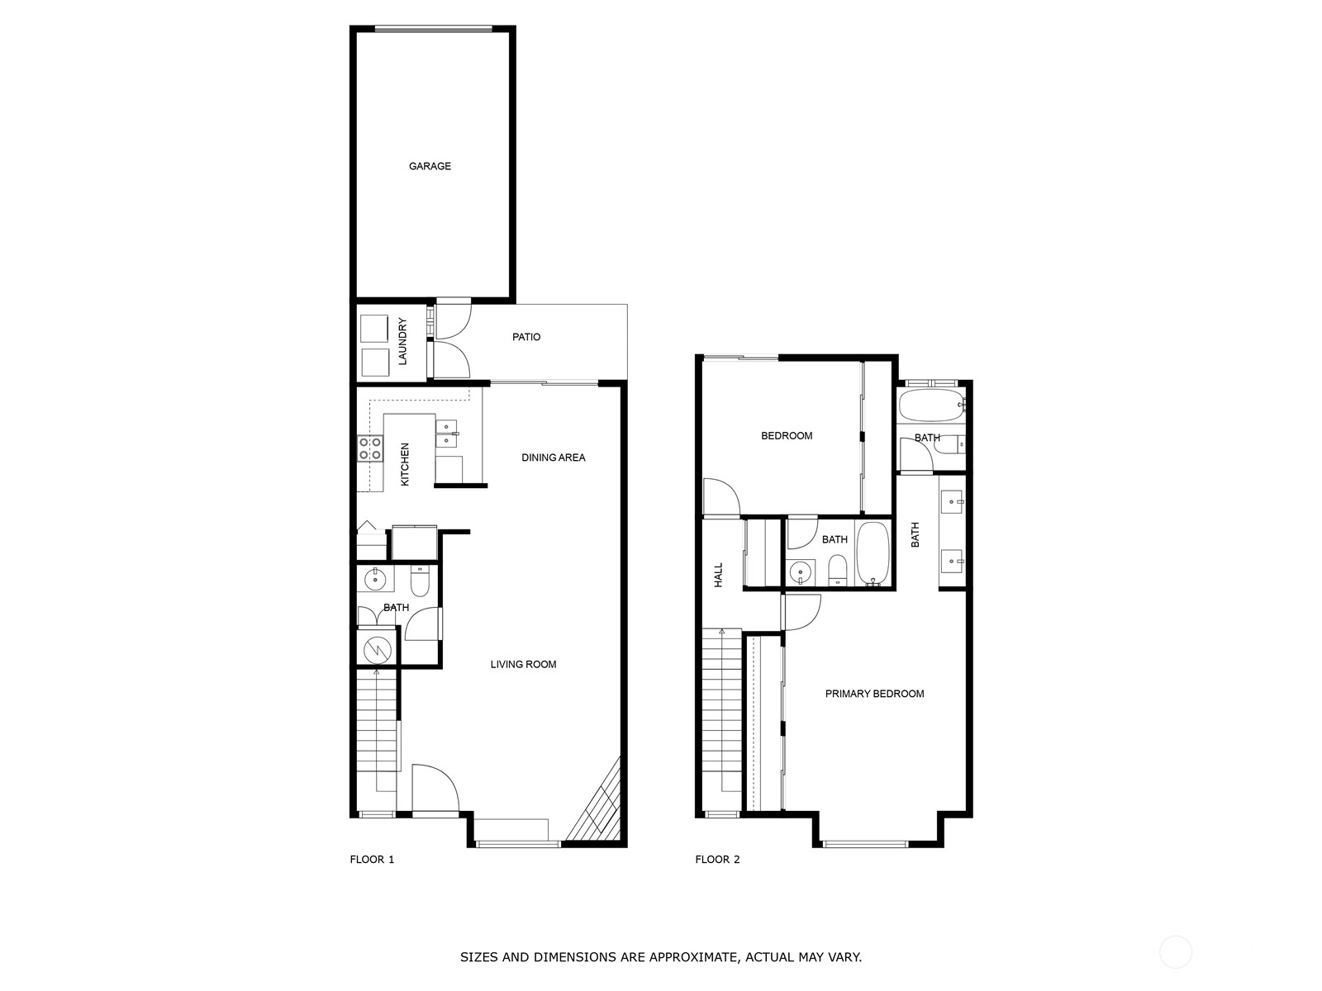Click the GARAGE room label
pyautogui.click(x=430, y=166)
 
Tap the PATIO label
pyautogui.click(x=526, y=337)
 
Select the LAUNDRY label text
pyautogui.click(x=403, y=341)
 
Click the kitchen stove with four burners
pyautogui.click(x=370, y=448)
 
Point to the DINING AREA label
pyautogui.click(x=553, y=458)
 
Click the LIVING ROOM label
pyautogui.click(x=523, y=664)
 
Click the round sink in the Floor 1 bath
pyautogui.click(x=376, y=579)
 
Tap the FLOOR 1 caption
pyautogui.click(x=372, y=860)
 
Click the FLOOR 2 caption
pyautogui.click(x=717, y=860)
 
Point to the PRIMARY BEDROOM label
pyautogui.click(x=874, y=694)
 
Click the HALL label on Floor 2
pyautogui.click(x=718, y=575)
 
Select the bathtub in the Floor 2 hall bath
pyautogui.click(x=872, y=552)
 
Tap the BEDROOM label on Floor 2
pyautogui.click(x=786, y=436)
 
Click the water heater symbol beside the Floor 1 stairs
pyautogui.click(x=377, y=647)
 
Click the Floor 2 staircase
pyautogui.click(x=721, y=710)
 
